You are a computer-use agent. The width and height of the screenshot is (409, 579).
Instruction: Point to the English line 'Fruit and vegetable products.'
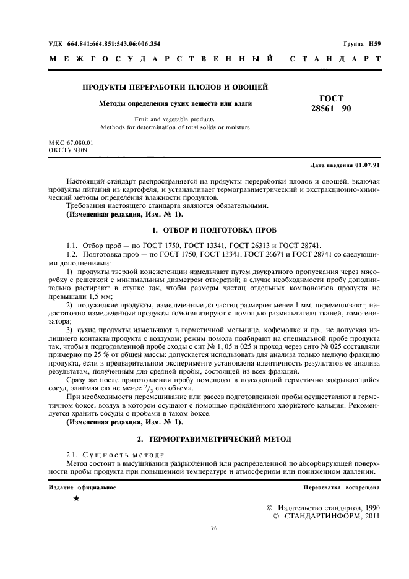click(176, 119)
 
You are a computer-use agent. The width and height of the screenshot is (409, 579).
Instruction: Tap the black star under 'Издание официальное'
click(76, 499)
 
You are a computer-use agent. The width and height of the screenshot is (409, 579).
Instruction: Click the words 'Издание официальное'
click(82, 487)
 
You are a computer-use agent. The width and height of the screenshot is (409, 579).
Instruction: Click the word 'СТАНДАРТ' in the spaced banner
click(334, 59)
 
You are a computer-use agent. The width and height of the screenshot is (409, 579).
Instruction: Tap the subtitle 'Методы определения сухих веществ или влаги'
click(176, 103)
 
